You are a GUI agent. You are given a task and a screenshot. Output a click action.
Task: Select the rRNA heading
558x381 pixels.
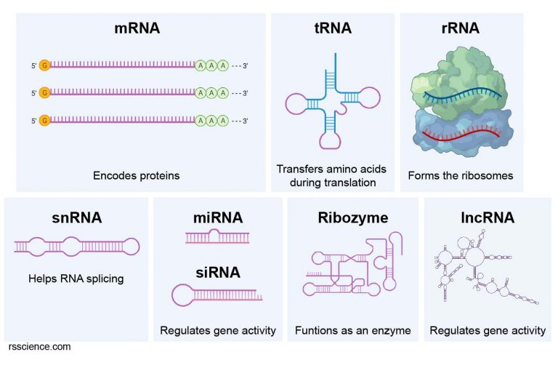point(461,28)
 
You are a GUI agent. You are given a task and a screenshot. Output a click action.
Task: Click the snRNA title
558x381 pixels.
point(76,217)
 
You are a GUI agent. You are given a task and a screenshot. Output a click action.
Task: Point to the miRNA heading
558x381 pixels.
point(217,217)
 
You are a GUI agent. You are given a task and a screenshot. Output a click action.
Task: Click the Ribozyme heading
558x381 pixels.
point(352,217)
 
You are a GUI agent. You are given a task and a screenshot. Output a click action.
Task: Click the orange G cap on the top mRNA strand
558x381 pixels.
point(45,65)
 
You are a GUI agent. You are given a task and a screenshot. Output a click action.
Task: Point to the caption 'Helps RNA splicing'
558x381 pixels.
point(76,278)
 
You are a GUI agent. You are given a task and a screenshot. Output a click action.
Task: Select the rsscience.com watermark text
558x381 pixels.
point(40,347)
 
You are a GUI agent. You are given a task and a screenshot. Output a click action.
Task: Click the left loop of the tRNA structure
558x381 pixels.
point(297,104)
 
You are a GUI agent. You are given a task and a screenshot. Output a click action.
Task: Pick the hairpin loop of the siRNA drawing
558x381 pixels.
point(186,294)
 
